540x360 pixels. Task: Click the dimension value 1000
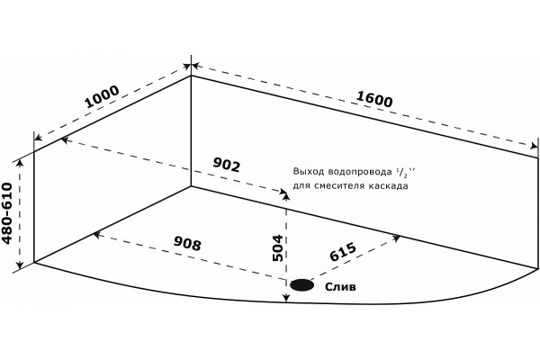tap(102, 97)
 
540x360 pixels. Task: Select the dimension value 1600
tap(374, 99)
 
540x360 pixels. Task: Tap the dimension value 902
tap(226, 165)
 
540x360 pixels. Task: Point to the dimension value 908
tap(187, 244)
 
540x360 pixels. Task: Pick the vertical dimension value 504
tap(277, 248)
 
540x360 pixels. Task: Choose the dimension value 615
tap(343, 252)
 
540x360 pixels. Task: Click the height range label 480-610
tap(7, 213)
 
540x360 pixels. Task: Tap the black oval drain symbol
tap(302, 285)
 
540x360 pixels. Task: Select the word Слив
tap(340, 286)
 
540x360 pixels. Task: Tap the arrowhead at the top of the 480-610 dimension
tap(20, 163)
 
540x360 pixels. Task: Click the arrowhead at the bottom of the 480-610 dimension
tap(20, 265)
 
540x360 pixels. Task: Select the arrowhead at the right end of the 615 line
tap(397, 238)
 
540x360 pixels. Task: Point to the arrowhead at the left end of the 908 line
tap(97, 235)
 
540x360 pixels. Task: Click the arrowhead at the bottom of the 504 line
tap(286, 298)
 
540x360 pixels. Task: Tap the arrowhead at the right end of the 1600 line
tap(534, 146)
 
